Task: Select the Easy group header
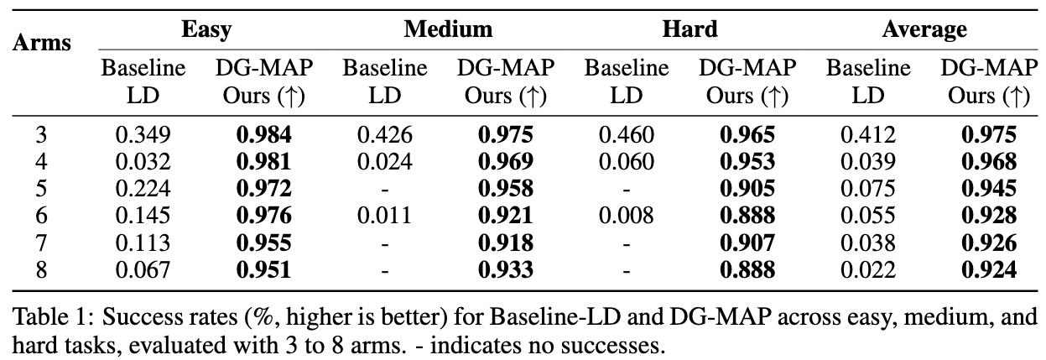tap(206, 30)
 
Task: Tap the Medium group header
tap(447, 30)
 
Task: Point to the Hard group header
tap(689, 30)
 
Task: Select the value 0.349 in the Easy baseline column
tap(142, 134)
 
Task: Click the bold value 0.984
tap(263, 134)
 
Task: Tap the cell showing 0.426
tap(383, 134)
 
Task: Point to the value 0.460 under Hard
tap(626, 134)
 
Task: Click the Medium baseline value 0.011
tap(383, 216)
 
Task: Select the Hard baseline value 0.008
tap(626, 216)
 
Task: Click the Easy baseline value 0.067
tap(142, 269)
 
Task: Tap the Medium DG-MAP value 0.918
tap(505, 243)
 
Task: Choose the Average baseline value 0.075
tap(867, 188)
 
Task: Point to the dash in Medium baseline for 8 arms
tap(383, 269)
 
